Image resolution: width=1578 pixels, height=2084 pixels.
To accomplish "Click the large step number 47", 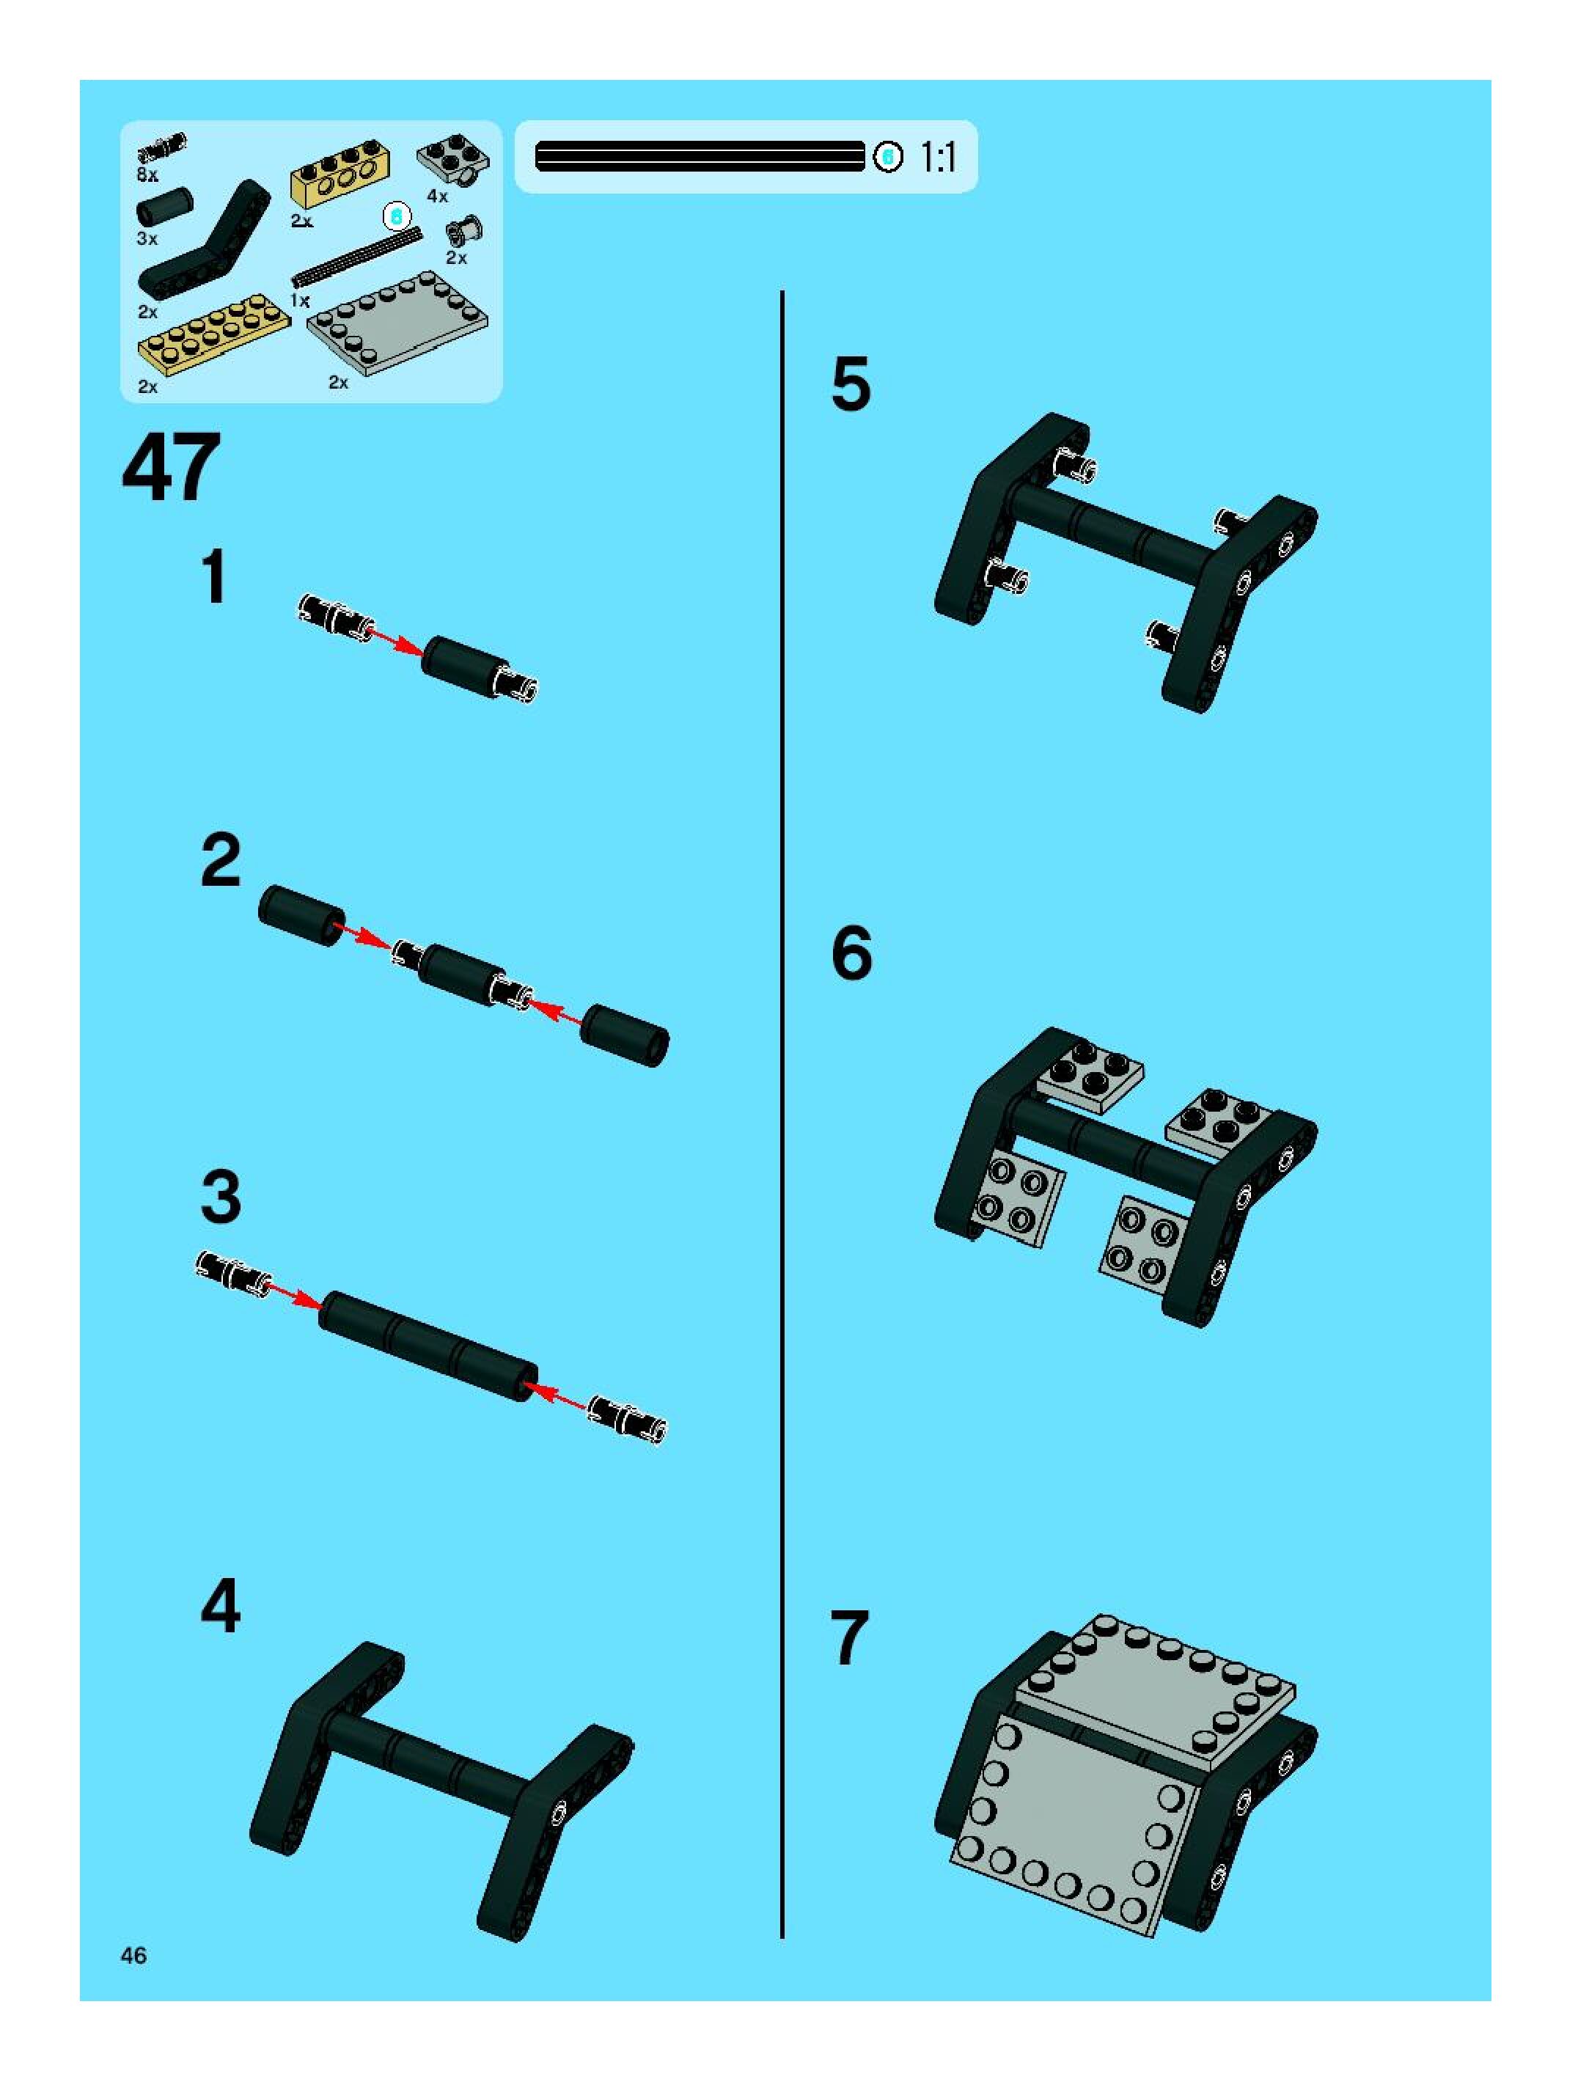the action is [172, 469].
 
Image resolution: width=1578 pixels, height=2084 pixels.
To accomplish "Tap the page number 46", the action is [133, 1955].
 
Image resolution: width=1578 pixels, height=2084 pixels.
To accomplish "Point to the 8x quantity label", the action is [148, 175].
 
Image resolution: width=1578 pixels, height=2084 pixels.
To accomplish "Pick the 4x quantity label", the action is [437, 196].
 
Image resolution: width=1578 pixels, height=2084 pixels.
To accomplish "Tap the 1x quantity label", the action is [300, 301].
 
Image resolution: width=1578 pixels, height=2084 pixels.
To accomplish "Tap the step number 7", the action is [849, 1638].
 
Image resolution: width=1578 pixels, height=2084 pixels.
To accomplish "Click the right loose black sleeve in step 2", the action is [625, 1035].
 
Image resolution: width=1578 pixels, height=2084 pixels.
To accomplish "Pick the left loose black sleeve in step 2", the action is [302, 915].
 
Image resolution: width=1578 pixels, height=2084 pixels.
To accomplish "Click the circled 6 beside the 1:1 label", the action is [887, 156].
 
